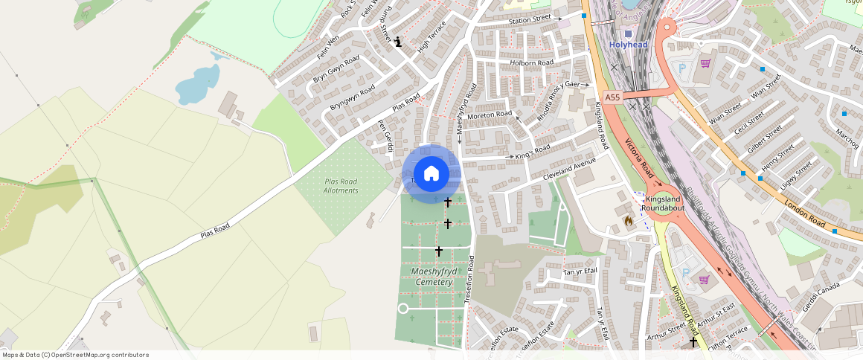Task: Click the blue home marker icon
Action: click(431, 174)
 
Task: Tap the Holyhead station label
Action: click(629, 45)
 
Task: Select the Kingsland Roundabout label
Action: click(664, 204)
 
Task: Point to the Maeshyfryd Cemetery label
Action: click(433, 277)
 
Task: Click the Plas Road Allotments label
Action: click(341, 186)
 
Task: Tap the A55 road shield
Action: click(612, 97)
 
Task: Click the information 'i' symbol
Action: click(399, 42)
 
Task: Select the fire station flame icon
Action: click(628, 220)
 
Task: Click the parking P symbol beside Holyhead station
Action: click(683, 68)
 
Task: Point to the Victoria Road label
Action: click(640, 161)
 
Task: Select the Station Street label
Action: click(530, 18)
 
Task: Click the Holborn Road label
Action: click(532, 63)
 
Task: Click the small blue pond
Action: click(198, 83)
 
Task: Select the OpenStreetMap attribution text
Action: click(75, 355)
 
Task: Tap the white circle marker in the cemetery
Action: click(403, 308)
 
